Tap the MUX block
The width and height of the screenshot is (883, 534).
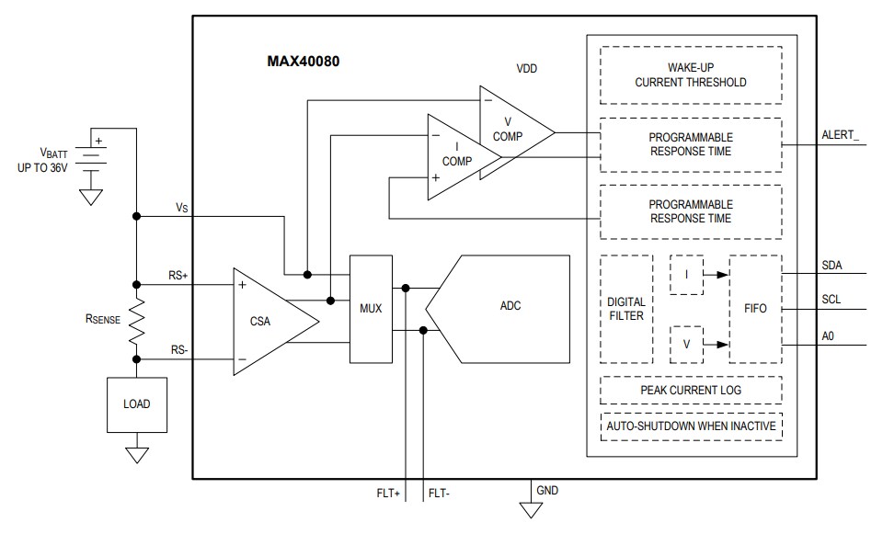click(370, 307)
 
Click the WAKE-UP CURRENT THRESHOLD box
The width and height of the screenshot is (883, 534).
click(690, 75)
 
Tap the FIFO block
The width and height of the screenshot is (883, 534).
click(754, 308)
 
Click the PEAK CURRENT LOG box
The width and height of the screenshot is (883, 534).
click(690, 391)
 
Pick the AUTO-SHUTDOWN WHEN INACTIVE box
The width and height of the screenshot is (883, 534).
click(690, 426)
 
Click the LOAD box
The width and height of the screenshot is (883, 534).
click(136, 403)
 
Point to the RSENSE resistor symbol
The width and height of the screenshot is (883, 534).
click(136, 321)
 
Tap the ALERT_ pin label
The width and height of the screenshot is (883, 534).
click(841, 135)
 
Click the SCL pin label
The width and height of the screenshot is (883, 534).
click(831, 300)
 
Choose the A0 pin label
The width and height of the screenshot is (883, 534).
click(829, 335)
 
